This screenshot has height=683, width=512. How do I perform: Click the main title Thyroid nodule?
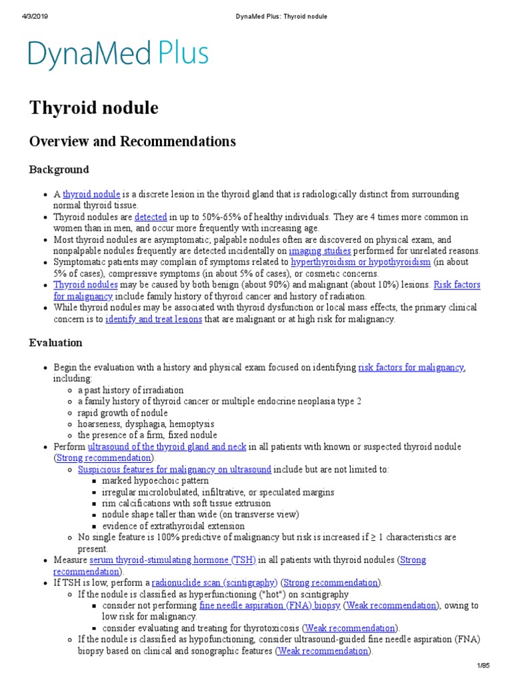pyautogui.click(x=93, y=108)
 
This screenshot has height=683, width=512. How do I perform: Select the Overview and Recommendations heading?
pyautogui.click(x=132, y=141)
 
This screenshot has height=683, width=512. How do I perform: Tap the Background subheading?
pyautogui.click(x=59, y=170)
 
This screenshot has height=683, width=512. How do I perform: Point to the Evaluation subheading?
pyautogui.click(x=56, y=343)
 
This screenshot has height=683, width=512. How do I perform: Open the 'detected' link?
pyautogui.click(x=151, y=217)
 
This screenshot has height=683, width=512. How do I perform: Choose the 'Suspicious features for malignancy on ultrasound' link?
pyautogui.click(x=175, y=470)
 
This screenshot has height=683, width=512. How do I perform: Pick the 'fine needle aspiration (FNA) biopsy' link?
pyautogui.click(x=270, y=606)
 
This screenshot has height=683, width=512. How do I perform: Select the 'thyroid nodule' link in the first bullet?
pyautogui.click(x=91, y=195)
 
